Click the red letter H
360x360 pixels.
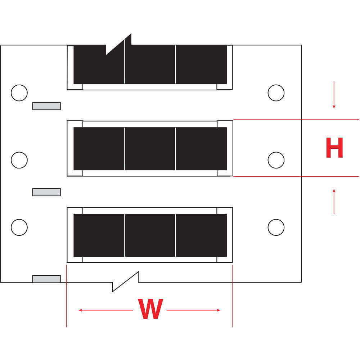pos(334,148)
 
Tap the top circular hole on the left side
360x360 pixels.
pos(19,93)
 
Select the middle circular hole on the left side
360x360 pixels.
pos(19,160)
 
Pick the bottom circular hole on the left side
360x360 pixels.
pos(19,228)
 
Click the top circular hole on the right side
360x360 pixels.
pos(276,93)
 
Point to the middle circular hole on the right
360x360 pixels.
pos(276,160)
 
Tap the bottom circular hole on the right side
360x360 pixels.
pos(276,228)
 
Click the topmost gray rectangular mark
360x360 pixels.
pos(46,106)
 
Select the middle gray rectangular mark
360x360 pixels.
pos(46,192)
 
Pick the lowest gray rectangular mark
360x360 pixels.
pos(46,279)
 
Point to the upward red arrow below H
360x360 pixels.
pos(334,201)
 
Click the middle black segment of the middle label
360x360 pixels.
pos(150,149)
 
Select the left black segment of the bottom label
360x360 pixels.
pos(99,235)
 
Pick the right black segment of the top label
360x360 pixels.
pos(201,64)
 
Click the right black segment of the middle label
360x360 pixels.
pos(201,149)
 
